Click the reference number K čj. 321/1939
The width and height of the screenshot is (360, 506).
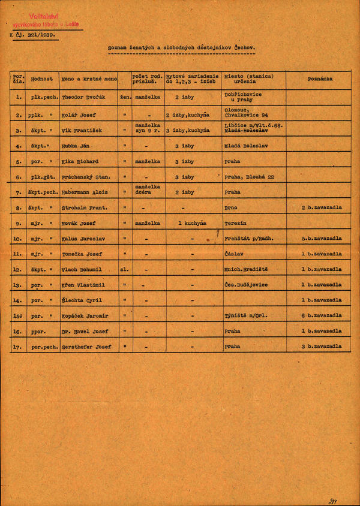pos(33,35)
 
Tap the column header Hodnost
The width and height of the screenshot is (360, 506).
pos(42,79)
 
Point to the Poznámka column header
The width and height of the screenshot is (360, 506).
pos(320,79)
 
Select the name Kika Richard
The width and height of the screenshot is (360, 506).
pos(80,162)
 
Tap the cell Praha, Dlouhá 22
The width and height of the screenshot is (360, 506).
pos(250,177)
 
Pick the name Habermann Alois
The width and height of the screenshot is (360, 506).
pos(84,192)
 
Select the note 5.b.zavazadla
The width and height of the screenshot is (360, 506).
pos(322,239)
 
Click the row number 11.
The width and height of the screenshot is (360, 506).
pos(18,254)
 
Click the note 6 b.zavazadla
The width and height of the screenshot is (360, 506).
pos(322,316)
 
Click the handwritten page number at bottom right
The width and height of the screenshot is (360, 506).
pos(333,501)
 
